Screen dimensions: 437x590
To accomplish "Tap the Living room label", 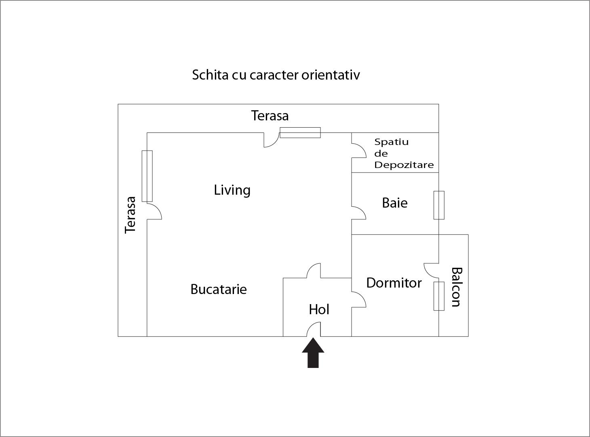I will (x=232, y=190).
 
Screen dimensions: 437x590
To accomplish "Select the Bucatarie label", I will (x=218, y=289).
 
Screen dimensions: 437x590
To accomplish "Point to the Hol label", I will (x=319, y=309).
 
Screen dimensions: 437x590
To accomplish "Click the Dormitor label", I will (x=394, y=283).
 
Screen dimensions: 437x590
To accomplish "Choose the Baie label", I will (x=394, y=203).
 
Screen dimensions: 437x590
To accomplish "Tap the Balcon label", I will (x=456, y=287).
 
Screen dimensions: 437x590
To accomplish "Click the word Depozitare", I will (x=404, y=165).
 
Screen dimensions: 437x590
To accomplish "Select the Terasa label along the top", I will (x=270, y=116).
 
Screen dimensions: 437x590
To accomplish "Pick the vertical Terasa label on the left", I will (x=130, y=215).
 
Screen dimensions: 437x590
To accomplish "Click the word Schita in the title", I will (x=210, y=75).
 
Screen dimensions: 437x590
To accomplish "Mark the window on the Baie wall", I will (x=439, y=205).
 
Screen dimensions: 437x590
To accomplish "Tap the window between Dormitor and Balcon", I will (x=439, y=296).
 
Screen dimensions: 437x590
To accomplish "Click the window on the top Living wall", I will (x=300, y=132).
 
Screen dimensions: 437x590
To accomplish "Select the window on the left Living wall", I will (x=147, y=176).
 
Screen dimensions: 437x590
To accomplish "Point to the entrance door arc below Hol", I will (x=314, y=329).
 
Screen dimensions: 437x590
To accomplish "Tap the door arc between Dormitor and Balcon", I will (x=431, y=271).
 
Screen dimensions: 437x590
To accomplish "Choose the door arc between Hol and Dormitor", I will (x=359, y=299).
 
